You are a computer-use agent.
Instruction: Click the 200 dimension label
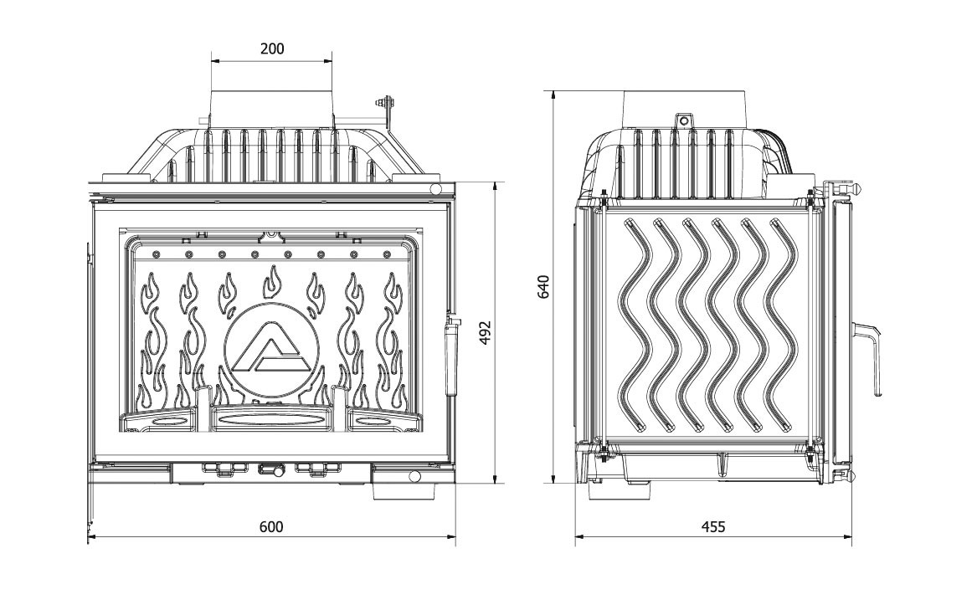271,49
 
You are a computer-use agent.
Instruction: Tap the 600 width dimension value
271,527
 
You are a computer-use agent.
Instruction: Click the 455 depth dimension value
712,527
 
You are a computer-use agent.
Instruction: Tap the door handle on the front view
450,359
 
